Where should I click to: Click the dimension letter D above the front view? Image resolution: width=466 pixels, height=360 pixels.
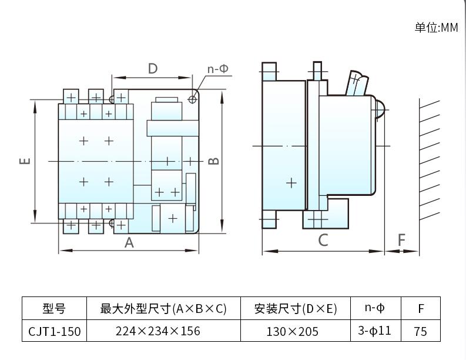pos(153,69)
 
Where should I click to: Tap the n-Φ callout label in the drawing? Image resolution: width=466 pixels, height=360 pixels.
pos(218,69)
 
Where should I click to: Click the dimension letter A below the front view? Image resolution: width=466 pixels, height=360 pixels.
pos(129,242)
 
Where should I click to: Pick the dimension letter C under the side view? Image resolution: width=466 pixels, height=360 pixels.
pos(323,240)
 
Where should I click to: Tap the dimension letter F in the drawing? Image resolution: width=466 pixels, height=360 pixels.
pos(402,240)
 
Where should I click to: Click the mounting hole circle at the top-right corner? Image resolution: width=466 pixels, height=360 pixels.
pos(192,99)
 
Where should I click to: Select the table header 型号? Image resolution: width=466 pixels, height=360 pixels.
pos(54,309)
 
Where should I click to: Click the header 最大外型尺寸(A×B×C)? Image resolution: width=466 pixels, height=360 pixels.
pos(163,309)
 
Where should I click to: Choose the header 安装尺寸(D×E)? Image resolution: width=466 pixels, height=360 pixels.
pos(296,309)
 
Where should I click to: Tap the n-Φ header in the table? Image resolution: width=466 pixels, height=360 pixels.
pos(374,308)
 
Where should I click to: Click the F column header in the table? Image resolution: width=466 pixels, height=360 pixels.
pos(420,309)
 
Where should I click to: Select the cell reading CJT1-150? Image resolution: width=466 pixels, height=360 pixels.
pos(54,331)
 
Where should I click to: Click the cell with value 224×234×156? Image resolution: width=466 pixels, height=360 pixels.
pos(157,331)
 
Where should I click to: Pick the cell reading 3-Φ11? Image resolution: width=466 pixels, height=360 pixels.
pos(374,331)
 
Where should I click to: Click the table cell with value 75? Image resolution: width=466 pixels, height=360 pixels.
pos(420,331)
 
